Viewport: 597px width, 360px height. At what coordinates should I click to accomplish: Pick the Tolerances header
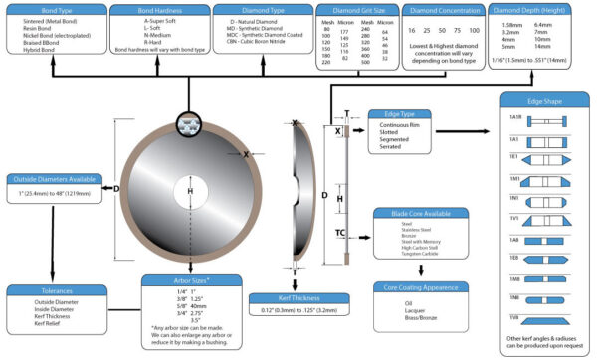52,291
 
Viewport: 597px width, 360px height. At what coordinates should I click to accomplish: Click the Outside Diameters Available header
54,179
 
